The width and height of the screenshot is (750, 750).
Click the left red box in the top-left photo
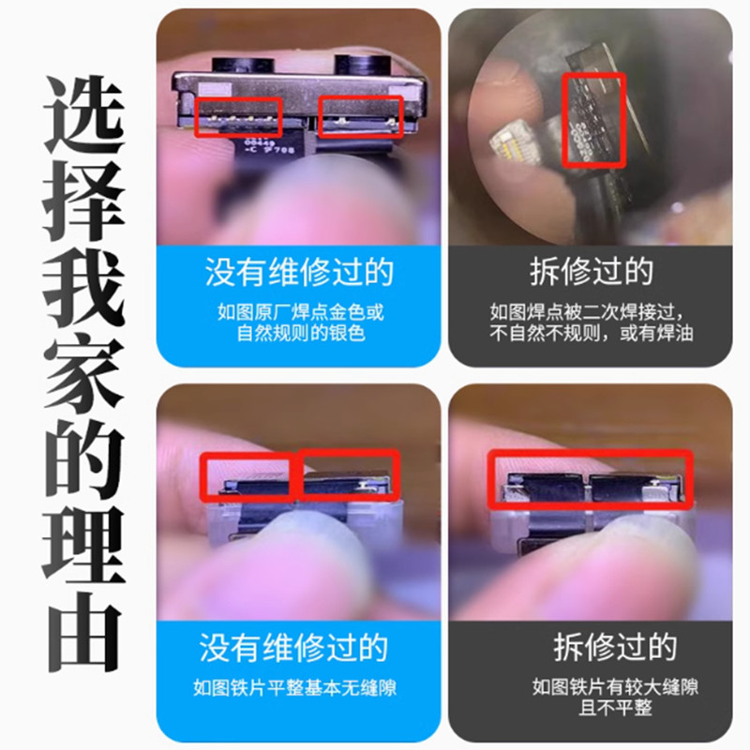(238, 116)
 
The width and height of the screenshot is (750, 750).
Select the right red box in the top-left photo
(361, 115)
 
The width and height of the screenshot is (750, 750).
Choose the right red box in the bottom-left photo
(349, 475)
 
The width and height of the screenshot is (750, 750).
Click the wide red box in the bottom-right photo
(590, 478)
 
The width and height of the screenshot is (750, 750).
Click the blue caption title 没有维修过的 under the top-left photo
(298, 273)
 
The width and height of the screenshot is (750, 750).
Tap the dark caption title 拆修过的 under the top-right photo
(590, 272)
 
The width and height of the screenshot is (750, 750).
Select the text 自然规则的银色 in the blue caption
(298, 332)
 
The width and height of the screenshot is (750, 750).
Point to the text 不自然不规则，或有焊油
(590, 333)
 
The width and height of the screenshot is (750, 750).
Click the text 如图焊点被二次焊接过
(590, 311)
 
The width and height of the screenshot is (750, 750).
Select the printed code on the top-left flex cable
(267, 146)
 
